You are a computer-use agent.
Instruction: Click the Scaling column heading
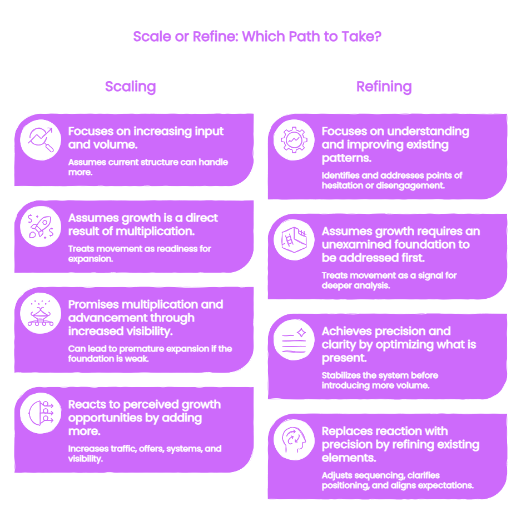click(x=130, y=87)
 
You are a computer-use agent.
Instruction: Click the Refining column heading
click(x=384, y=87)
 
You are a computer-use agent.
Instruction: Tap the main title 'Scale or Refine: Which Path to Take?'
click(x=257, y=36)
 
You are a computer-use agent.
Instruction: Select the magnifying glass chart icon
click(x=41, y=140)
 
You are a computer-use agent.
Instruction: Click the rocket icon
click(x=41, y=227)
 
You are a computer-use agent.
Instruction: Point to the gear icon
click(x=294, y=140)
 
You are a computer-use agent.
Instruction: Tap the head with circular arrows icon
click(x=294, y=440)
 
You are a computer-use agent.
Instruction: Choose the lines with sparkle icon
click(x=294, y=340)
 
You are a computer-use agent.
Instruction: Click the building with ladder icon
click(x=294, y=240)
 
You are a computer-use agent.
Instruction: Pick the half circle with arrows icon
click(x=41, y=413)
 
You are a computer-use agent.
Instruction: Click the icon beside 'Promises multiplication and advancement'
click(x=41, y=313)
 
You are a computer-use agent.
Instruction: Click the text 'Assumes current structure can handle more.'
click(x=148, y=167)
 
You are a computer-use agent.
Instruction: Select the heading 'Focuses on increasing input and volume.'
click(x=146, y=138)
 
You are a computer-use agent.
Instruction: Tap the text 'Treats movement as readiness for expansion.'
click(x=140, y=254)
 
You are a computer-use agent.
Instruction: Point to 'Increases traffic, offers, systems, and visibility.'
click(x=145, y=454)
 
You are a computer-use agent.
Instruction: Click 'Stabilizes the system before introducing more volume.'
click(x=380, y=380)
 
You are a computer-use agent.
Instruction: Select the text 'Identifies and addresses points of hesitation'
click(x=392, y=180)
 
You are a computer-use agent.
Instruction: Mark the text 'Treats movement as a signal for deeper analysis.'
click(x=389, y=280)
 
